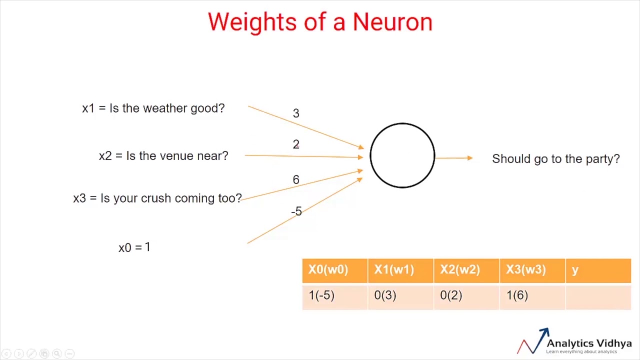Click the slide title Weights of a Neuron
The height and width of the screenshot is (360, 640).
point(320,22)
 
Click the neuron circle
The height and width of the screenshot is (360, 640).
point(402,155)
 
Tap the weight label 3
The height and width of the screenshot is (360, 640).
point(296,113)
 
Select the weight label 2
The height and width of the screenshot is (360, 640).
point(296,144)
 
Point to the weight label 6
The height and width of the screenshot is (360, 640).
point(296,180)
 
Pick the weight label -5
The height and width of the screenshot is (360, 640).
point(296,211)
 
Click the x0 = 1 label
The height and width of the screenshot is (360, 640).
point(134,247)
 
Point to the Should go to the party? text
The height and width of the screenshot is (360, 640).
point(555,159)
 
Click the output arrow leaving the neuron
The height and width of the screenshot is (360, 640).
point(453,158)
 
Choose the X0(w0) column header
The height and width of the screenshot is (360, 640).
point(328,270)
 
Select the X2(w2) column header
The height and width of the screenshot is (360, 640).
point(460,270)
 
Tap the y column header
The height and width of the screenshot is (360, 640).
point(575,270)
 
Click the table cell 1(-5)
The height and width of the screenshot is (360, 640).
point(321,295)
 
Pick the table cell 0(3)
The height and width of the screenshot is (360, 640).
point(385,295)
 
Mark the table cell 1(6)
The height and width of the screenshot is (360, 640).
point(517,295)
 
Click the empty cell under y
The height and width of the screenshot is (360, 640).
point(598,296)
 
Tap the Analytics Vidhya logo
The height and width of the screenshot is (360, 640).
point(575,342)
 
